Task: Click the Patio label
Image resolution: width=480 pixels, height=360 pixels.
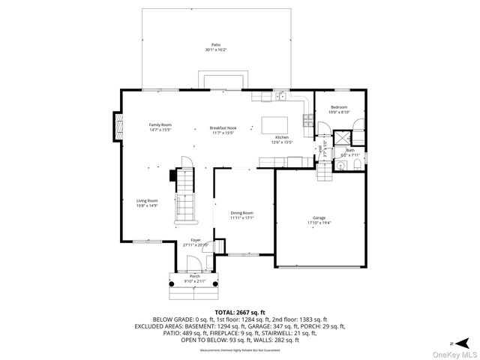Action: [x=216, y=46]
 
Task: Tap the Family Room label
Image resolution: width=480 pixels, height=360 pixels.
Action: [x=160, y=124]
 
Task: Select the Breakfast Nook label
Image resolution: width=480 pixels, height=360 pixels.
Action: [x=223, y=128]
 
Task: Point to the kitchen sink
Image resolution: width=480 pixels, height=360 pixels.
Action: [x=279, y=95]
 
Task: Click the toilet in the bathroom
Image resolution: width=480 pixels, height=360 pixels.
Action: [x=356, y=165]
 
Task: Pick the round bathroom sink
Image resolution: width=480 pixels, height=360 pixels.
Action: [x=340, y=166]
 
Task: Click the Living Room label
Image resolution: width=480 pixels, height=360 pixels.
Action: [x=147, y=200]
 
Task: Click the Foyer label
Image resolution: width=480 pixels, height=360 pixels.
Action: [x=195, y=240]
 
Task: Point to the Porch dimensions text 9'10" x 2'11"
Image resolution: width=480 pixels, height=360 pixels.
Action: [x=195, y=281]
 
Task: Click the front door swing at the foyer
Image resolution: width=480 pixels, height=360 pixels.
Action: [x=193, y=262]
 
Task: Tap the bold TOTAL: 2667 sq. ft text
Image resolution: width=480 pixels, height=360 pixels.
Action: [x=240, y=311]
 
